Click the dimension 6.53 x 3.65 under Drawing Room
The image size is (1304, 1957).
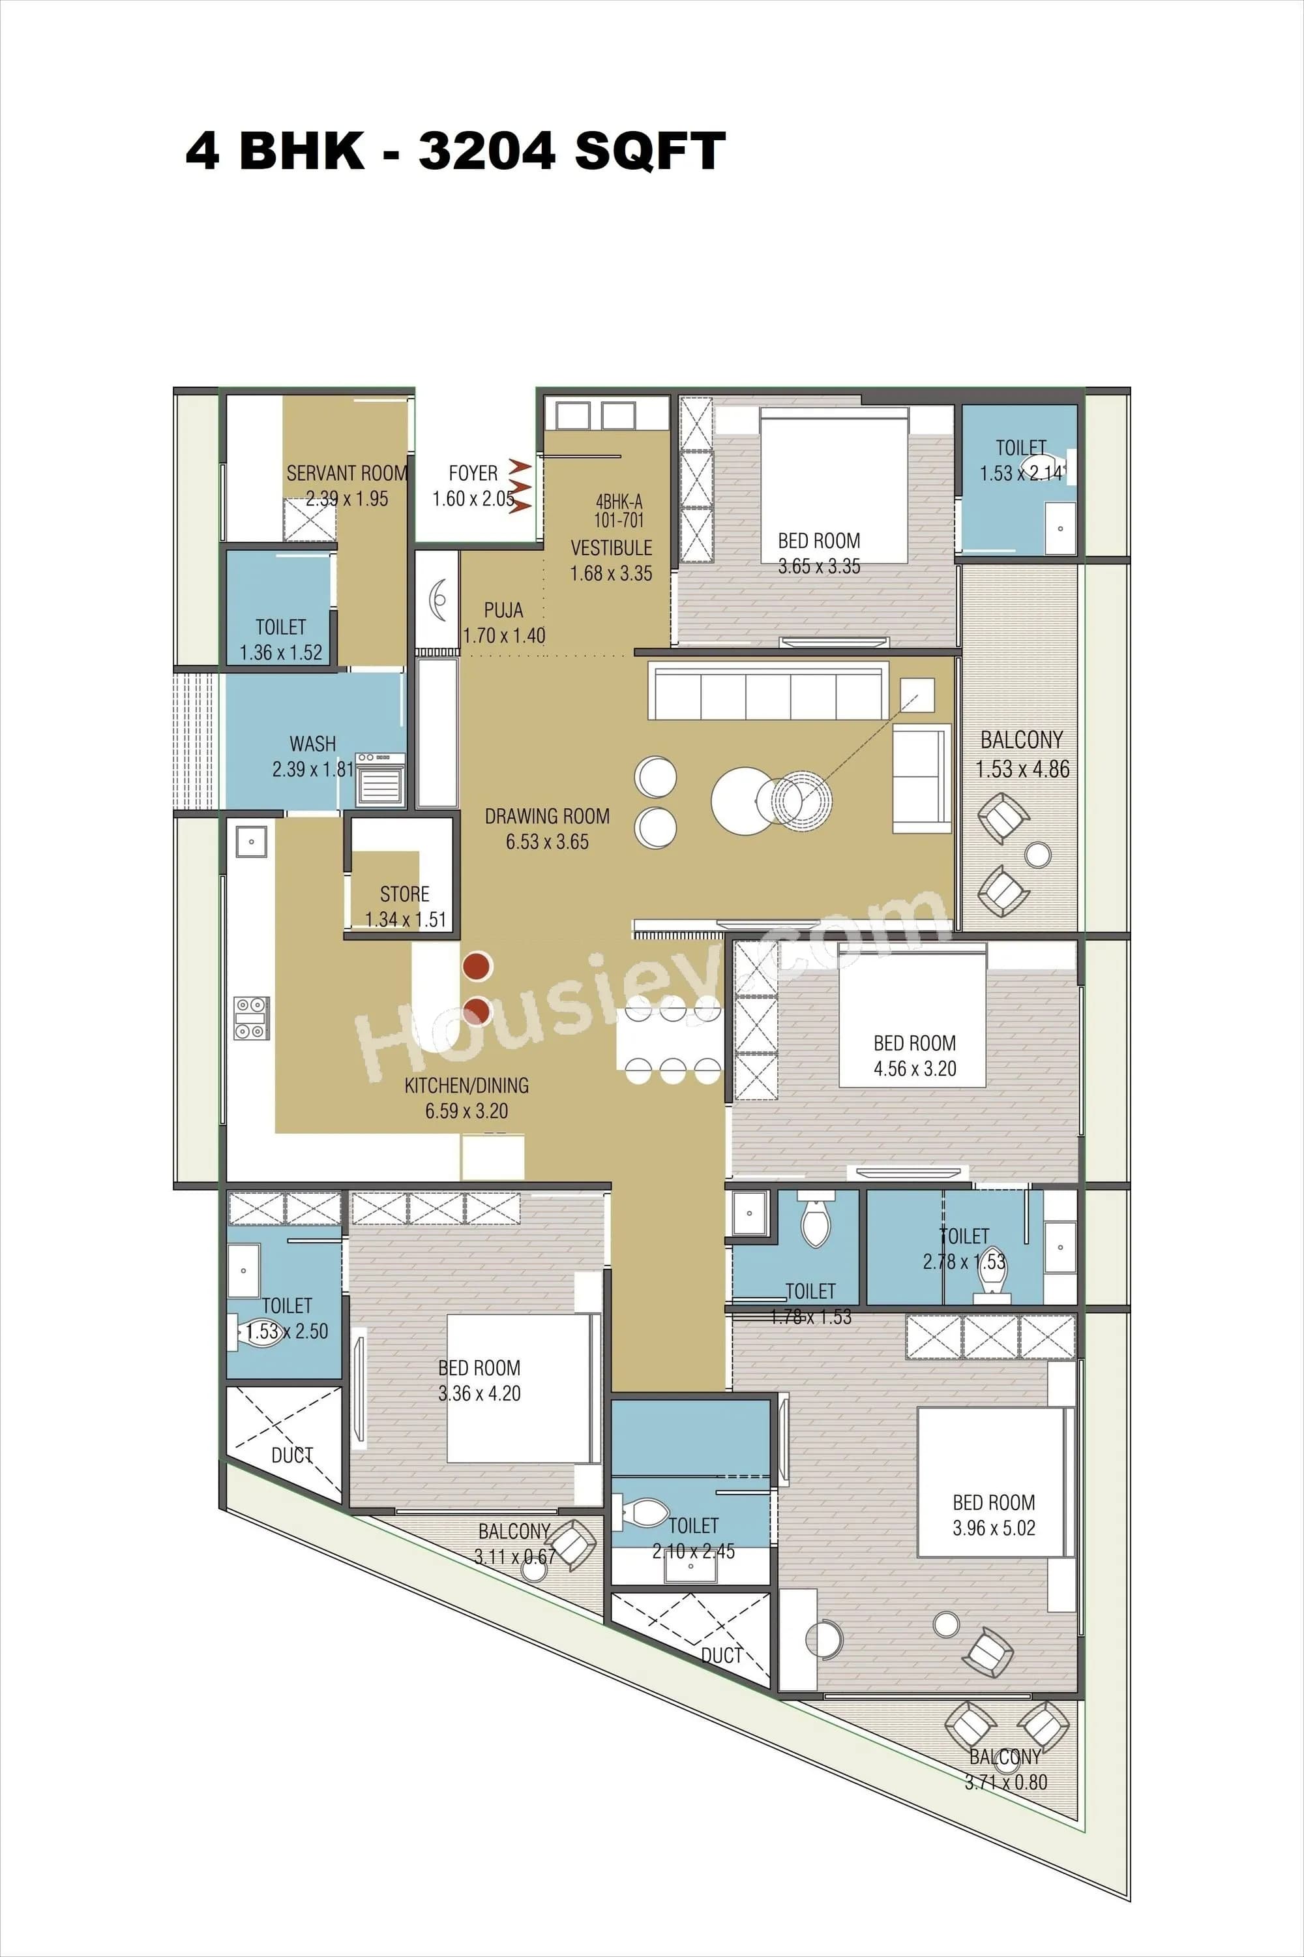point(547,842)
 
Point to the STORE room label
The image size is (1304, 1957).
point(404,894)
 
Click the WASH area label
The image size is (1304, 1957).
point(313,744)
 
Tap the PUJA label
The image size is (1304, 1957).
point(503,610)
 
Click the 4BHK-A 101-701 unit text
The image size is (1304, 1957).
point(619,511)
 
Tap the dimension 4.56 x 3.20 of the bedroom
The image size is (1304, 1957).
point(915,1069)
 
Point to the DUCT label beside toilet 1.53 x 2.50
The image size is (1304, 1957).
point(292,1455)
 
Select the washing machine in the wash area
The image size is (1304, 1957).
point(381,779)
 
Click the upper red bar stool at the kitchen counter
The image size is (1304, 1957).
point(478,966)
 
